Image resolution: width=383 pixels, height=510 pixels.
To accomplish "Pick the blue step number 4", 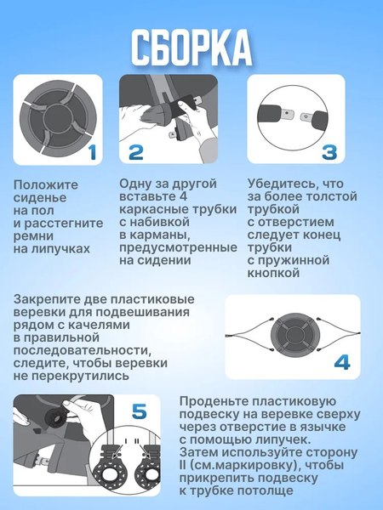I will (x=341, y=363).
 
